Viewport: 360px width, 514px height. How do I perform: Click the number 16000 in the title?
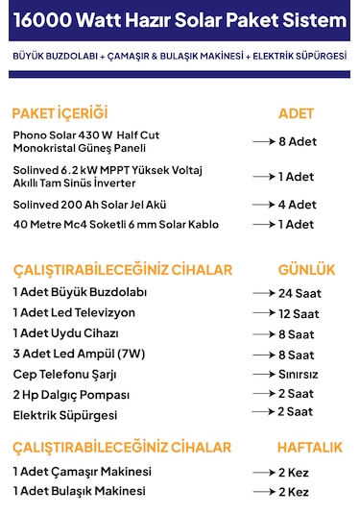tap(42, 21)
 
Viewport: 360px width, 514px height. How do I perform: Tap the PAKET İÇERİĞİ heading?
tap(60, 113)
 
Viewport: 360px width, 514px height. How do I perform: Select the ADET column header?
tap(296, 113)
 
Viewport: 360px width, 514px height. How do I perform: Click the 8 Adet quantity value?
tap(297, 140)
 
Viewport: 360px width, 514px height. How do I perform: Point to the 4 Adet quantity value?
tap(297, 204)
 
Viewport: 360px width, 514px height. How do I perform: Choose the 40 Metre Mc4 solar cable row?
tap(115, 225)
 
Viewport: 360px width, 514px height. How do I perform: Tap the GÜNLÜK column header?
tap(306, 269)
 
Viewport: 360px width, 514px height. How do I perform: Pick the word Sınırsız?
tap(298, 374)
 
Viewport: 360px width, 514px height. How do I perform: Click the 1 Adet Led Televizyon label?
tap(74, 313)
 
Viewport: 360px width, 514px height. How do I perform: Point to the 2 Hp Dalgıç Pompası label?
tap(71, 394)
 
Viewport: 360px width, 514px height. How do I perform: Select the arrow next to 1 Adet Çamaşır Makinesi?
tap(263, 473)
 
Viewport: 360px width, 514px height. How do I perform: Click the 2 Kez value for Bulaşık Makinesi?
tap(294, 492)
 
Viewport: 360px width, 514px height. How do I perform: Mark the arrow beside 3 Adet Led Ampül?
tap(263, 355)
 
